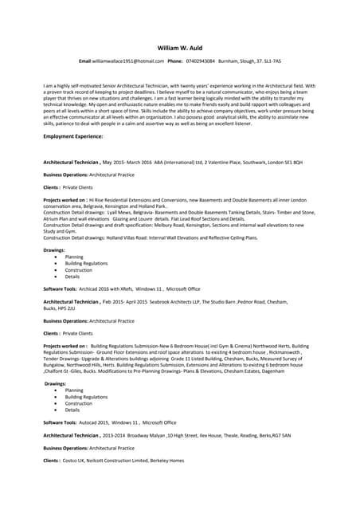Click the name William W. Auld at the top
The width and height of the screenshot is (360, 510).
point(180,47)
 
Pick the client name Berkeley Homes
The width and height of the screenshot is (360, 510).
point(166,461)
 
